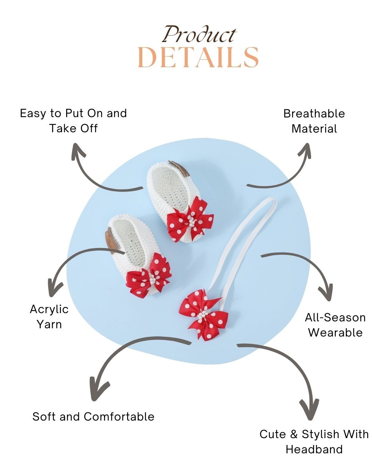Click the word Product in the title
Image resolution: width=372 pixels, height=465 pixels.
point(199,34)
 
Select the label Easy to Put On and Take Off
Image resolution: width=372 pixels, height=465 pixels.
point(73,121)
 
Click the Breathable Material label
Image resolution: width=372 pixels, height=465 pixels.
point(314,121)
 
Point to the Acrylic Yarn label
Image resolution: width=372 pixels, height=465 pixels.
point(49,317)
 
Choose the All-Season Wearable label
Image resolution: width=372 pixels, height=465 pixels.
point(335,325)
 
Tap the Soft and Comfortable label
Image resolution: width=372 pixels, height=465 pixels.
point(93,416)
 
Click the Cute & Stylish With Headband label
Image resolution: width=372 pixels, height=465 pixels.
point(314,441)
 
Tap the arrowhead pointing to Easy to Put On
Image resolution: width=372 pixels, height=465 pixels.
point(79,152)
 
